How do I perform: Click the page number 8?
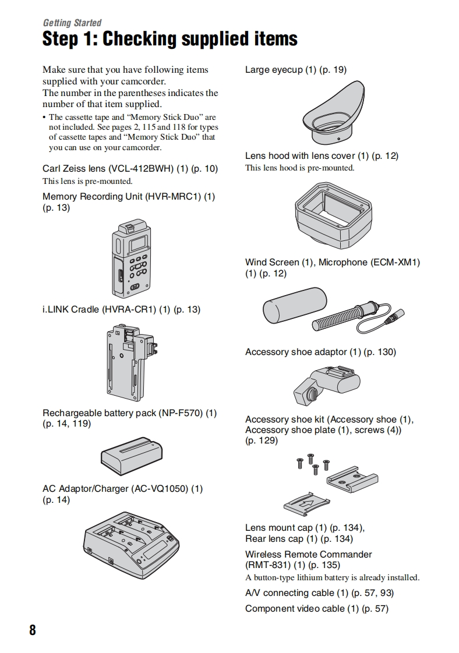tap(33, 630)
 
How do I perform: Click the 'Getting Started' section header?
tap(72, 23)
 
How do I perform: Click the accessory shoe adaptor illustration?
tap(326, 385)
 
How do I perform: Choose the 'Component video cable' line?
tap(316, 609)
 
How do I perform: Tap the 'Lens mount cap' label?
tap(278, 528)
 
